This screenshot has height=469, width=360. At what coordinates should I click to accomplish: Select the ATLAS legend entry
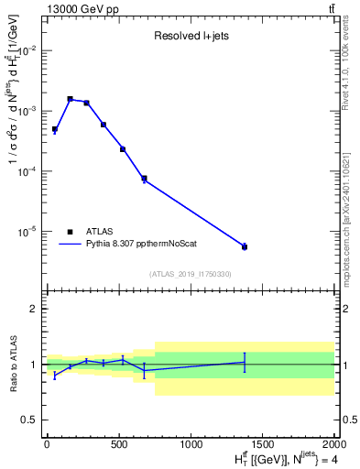point(101,232)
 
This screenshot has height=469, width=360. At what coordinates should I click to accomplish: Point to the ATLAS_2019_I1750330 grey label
point(190,274)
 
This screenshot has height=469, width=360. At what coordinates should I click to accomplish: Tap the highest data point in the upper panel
point(70,99)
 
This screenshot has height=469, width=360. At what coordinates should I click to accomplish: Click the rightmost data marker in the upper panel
point(245,246)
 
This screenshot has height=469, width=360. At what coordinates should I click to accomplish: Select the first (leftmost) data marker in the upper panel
point(55,130)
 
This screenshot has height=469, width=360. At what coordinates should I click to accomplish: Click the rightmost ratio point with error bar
point(245,363)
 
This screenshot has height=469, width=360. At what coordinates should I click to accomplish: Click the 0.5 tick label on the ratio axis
point(29,420)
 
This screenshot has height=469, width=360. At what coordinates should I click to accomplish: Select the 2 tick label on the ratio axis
point(34,310)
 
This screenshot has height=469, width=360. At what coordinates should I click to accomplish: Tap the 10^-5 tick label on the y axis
point(26,232)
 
